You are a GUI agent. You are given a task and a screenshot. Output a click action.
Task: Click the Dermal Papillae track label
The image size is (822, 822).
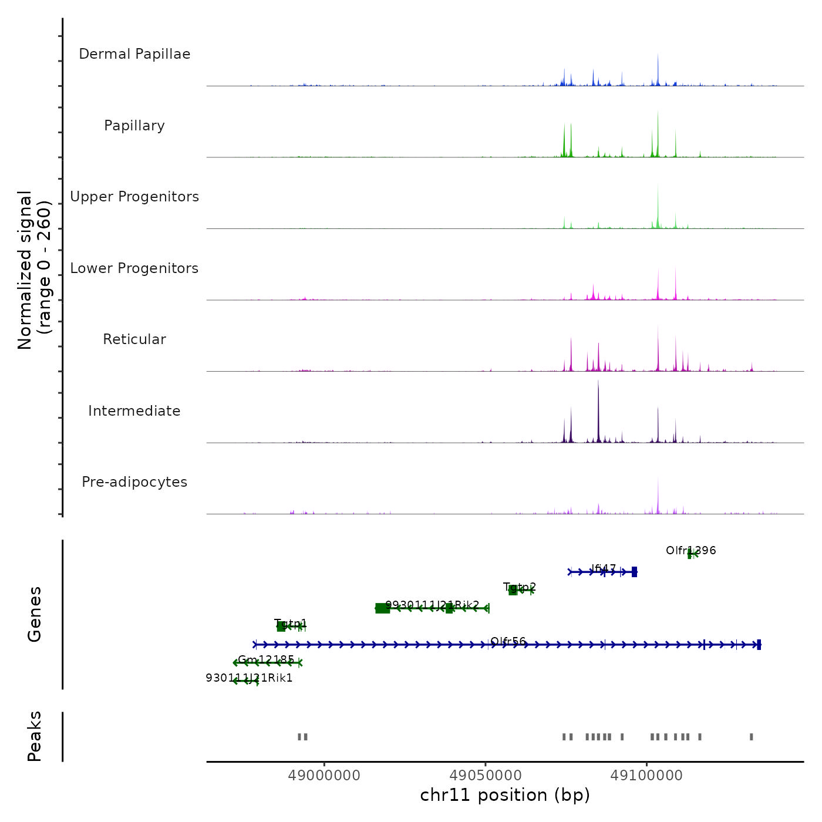click(x=134, y=54)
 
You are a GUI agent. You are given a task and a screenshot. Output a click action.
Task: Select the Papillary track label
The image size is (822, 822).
click(x=134, y=126)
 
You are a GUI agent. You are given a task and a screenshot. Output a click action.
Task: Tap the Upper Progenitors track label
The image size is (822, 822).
click(x=134, y=197)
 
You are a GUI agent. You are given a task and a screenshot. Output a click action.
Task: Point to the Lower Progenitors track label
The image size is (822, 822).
click(x=134, y=268)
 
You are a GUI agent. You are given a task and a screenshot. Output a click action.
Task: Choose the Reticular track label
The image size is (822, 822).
click(x=134, y=339)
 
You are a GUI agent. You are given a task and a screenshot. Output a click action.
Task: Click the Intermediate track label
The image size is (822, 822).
click(x=134, y=411)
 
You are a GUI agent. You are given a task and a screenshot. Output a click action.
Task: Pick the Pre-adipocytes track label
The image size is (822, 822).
click(x=134, y=482)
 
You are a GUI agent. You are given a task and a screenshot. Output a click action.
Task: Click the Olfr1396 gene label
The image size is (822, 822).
click(x=690, y=551)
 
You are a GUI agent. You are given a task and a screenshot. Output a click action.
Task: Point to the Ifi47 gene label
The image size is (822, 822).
click(x=604, y=569)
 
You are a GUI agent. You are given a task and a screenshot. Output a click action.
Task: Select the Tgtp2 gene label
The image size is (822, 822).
click(x=520, y=587)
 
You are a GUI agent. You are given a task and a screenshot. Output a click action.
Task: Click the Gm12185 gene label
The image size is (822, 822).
click(x=266, y=660)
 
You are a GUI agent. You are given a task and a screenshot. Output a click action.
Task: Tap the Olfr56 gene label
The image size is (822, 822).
click(x=508, y=642)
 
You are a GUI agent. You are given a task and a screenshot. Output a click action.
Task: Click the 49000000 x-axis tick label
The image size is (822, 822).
click(x=324, y=776)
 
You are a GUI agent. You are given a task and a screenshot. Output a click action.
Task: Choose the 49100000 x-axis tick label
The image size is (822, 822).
click(x=646, y=776)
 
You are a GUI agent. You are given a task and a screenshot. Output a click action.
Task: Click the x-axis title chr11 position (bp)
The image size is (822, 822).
click(x=505, y=796)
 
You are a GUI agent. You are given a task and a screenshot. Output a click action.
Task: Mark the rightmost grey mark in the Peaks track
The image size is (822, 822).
click(x=751, y=737)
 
